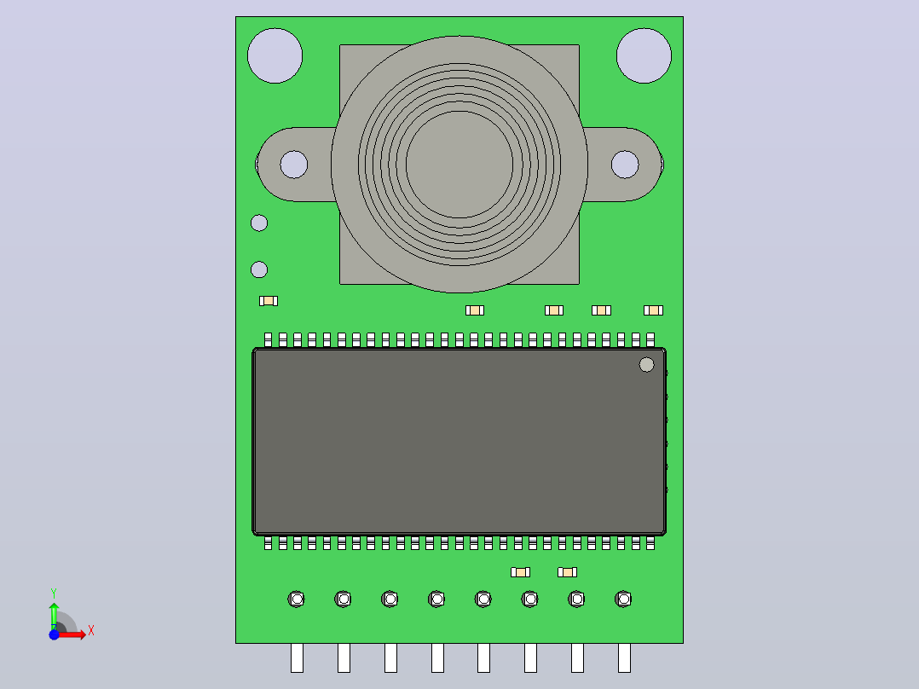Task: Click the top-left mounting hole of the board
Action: pos(275,55)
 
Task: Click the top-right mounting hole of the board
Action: pos(644,55)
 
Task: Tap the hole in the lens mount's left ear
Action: pos(293,165)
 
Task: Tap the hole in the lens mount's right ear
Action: pos(625,165)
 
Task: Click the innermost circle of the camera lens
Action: pos(459,165)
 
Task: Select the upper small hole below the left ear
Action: pos(259,223)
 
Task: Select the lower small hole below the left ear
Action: pos(259,269)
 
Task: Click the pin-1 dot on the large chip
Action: pos(646,365)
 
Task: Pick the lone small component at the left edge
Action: pos(269,301)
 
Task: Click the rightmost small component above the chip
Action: pos(654,310)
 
